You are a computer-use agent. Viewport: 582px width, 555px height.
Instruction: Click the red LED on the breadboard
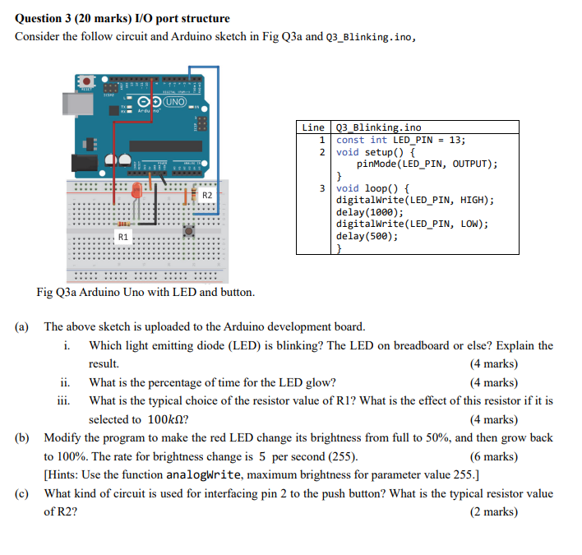coord(137,192)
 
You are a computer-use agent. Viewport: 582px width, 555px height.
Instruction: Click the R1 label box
coord(123,237)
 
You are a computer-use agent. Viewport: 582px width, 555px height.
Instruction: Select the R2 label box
coord(207,196)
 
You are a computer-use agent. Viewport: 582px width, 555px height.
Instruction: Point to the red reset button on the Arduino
coord(85,82)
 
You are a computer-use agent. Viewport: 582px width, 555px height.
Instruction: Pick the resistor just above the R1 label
coord(123,223)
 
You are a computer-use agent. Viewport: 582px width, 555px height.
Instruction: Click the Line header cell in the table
coord(313,127)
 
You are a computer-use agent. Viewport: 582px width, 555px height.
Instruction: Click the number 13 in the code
coord(457,140)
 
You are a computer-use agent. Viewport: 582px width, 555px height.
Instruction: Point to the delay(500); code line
coord(367,236)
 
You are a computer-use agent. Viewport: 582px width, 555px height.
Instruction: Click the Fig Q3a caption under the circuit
coord(145,292)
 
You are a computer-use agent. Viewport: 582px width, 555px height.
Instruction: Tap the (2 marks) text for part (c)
coord(493,511)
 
